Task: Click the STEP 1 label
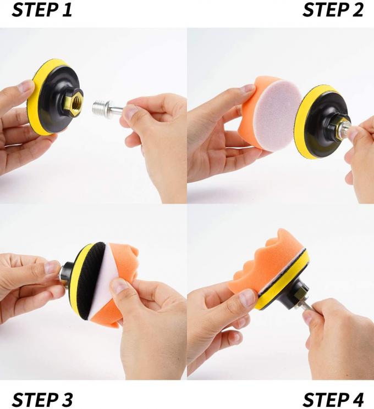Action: (42, 10)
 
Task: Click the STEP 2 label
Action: (333, 10)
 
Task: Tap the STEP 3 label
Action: (42, 399)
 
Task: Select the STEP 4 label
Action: (333, 399)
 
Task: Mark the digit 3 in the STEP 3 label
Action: (67, 399)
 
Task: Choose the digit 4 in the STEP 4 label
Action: (358, 399)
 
